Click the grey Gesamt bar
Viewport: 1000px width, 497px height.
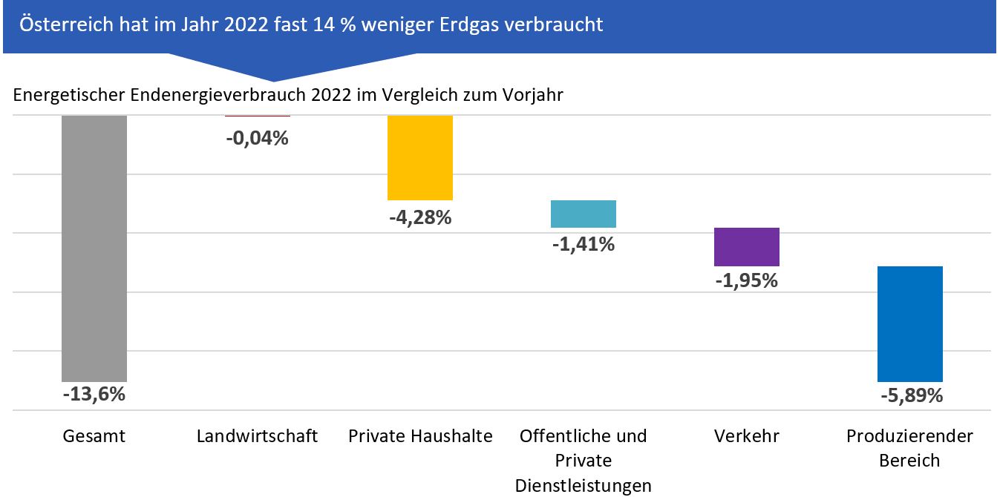tap(94, 249)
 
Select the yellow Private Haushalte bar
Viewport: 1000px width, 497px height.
tap(420, 157)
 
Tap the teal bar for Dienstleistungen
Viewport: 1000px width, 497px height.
tap(584, 214)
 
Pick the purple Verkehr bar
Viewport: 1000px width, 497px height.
tap(747, 246)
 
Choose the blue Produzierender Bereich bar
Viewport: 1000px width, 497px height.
tap(910, 323)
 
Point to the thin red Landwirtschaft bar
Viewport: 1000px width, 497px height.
tap(257, 116)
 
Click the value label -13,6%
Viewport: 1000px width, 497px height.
tap(94, 394)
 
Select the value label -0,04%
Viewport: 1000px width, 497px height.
tap(257, 137)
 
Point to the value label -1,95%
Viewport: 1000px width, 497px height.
tap(747, 281)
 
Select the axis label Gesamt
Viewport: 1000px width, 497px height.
tap(94, 436)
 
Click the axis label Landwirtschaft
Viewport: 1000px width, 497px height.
tap(257, 436)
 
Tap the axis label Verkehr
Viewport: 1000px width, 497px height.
tap(747, 436)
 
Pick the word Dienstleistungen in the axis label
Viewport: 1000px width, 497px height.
tap(584, 486)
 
